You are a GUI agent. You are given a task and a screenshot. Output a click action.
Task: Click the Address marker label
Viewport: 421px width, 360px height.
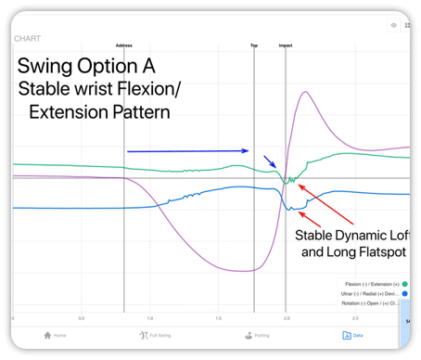point(123,45)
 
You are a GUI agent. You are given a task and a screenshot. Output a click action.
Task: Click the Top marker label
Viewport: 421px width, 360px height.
point(254,45)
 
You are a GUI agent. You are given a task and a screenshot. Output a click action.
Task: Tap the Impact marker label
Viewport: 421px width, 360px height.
point(286,45)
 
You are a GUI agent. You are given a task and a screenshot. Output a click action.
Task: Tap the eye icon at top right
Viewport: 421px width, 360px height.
point(394,26)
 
